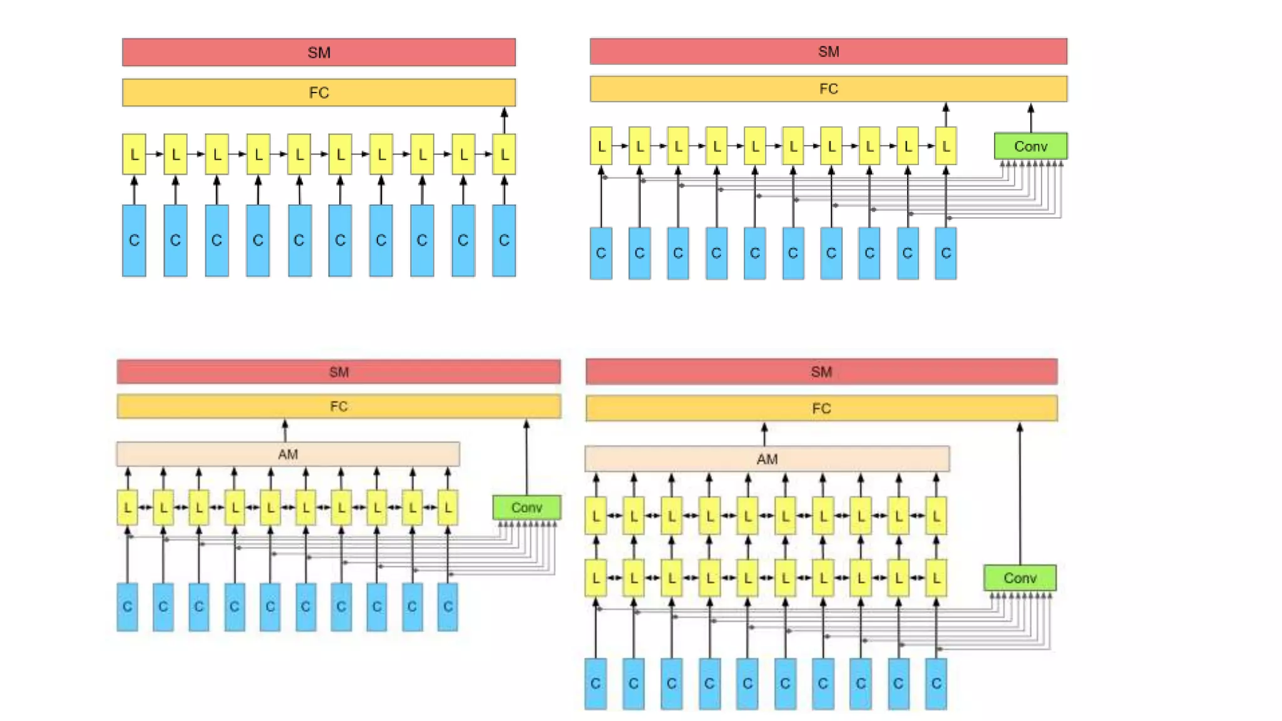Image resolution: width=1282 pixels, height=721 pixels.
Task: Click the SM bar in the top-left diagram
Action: (319, 53)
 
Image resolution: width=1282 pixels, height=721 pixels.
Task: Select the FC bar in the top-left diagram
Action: (319, 93)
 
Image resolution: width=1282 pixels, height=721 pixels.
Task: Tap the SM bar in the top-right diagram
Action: (828, 51)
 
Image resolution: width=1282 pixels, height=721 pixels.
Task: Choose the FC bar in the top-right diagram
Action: (828, 89)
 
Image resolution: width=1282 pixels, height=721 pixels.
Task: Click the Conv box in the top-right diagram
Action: (1030, 146)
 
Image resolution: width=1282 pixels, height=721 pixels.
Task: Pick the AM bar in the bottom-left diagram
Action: (288, 454)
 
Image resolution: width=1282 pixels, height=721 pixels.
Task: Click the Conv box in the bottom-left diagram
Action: (526, 508)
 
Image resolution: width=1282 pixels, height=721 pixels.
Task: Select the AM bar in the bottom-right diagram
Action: (767, 459)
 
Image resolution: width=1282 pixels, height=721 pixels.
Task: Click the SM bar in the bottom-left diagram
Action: (339, 372)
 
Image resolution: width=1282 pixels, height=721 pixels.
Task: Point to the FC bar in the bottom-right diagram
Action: (821, 409)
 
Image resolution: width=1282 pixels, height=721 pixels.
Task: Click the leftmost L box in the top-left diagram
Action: (134, 154)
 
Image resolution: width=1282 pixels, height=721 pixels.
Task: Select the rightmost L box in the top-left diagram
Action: (504, 154)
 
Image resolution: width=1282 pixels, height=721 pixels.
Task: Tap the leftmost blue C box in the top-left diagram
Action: (134, 240)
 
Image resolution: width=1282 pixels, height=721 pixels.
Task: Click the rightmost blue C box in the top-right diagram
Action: (945, 253)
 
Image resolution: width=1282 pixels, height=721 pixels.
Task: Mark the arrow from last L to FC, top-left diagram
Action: (504, 121)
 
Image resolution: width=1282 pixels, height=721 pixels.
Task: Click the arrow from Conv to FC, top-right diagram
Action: (1030, 118)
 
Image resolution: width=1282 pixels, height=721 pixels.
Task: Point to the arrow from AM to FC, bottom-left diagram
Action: (285, 431)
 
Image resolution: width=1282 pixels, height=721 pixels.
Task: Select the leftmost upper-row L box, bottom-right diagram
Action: (595, 516)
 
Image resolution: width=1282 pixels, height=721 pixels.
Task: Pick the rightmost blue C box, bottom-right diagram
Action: (936, 683)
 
